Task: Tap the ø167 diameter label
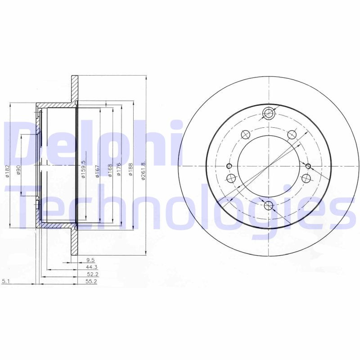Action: click(97, 171)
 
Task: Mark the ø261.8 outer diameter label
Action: click(144, 171)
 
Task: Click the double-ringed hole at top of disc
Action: click(269, 113)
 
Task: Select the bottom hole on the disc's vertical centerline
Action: click(269, 207)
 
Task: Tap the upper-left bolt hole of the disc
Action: click(246, 134)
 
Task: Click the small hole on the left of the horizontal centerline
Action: click(229, 166)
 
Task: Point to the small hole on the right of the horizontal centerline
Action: click(309, 166)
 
